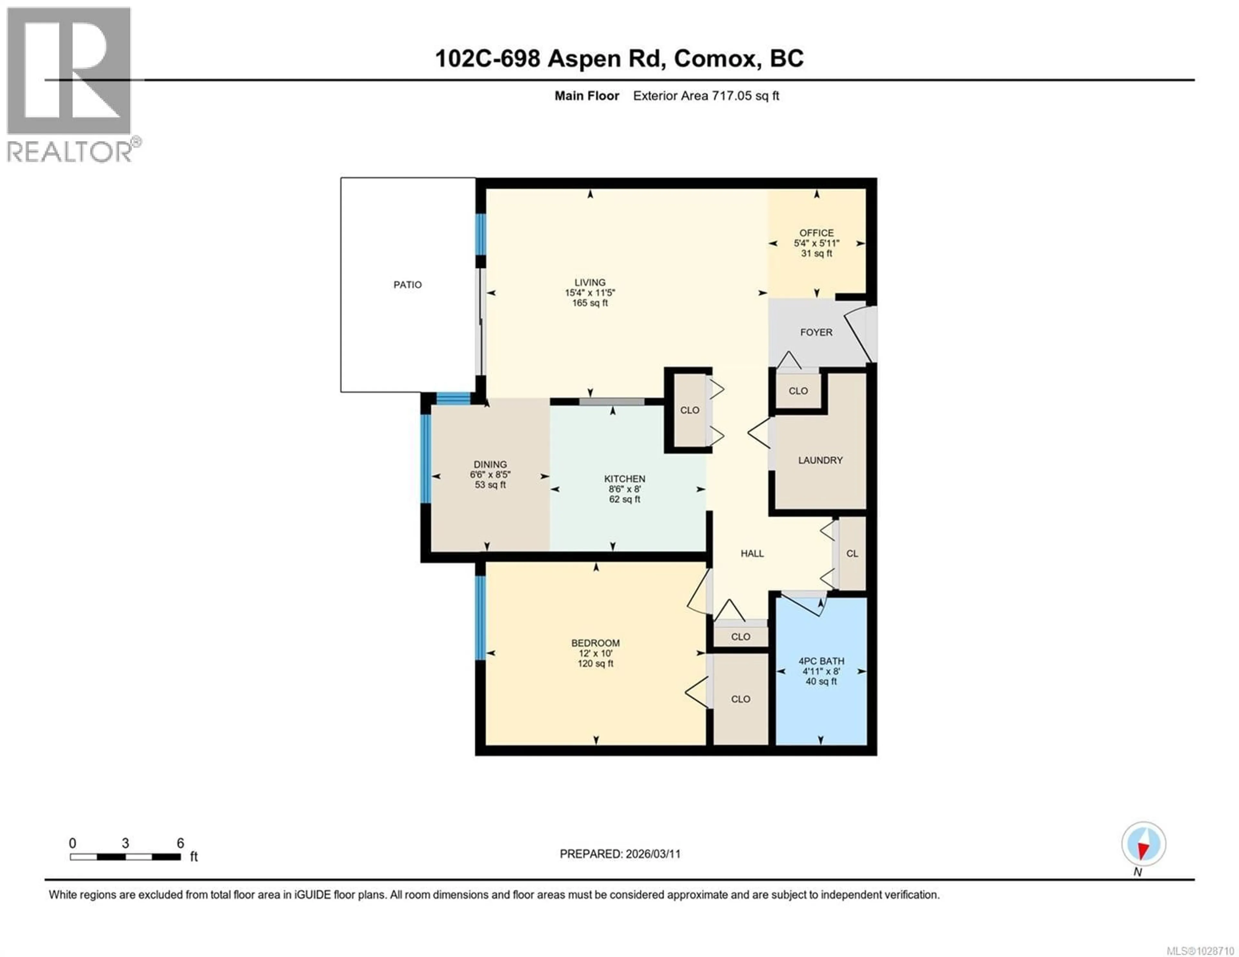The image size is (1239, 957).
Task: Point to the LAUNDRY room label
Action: click(820, 460)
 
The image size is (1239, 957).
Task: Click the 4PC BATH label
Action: click(821, 661)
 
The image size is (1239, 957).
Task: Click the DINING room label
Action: click(490, 464)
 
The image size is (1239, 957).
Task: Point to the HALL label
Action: click(752, 553)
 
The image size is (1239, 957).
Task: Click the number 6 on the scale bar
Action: click(180, 843)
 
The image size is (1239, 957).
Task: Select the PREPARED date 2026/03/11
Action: click(652, 854)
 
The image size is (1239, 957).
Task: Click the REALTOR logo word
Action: click(69, 152)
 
